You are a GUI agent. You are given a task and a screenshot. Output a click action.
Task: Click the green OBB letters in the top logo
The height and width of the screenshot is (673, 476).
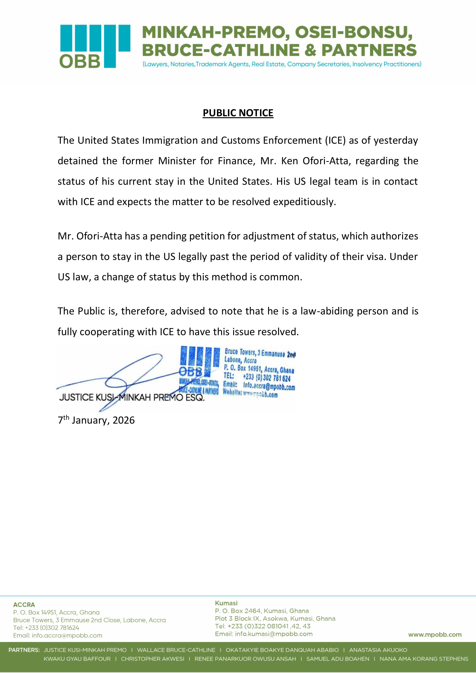80,61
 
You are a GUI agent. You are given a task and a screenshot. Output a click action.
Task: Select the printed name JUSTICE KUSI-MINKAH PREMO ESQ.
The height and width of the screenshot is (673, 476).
132,398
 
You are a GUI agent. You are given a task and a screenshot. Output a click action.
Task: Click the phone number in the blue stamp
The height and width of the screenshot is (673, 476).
267,378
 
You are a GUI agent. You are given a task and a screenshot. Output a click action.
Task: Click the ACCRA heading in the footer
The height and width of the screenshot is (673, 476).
24,604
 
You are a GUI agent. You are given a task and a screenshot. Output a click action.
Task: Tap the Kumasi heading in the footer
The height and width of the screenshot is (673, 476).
226,603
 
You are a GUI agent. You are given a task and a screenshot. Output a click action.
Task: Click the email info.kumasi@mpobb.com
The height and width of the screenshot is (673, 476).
274,634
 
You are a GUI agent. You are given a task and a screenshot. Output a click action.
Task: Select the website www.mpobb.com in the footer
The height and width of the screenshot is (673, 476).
435,635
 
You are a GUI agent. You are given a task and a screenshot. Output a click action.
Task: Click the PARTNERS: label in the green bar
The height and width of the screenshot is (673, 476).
24,650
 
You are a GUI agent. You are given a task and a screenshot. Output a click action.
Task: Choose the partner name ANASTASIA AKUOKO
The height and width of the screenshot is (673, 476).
378,650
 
